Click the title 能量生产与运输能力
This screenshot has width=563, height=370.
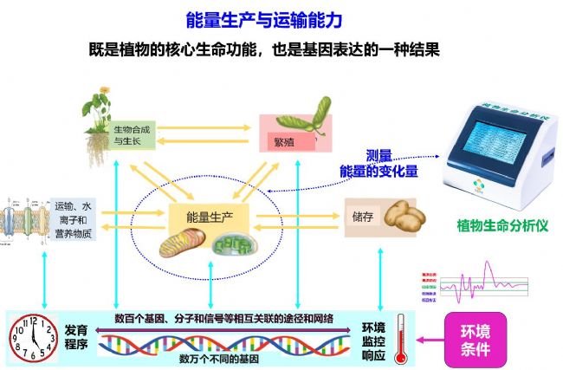tap(281, 19)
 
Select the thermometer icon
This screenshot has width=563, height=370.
tap(400, 336)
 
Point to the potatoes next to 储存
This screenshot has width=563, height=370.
tap(404, 217)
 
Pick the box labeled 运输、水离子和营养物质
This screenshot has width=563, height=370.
tap(74, 219)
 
